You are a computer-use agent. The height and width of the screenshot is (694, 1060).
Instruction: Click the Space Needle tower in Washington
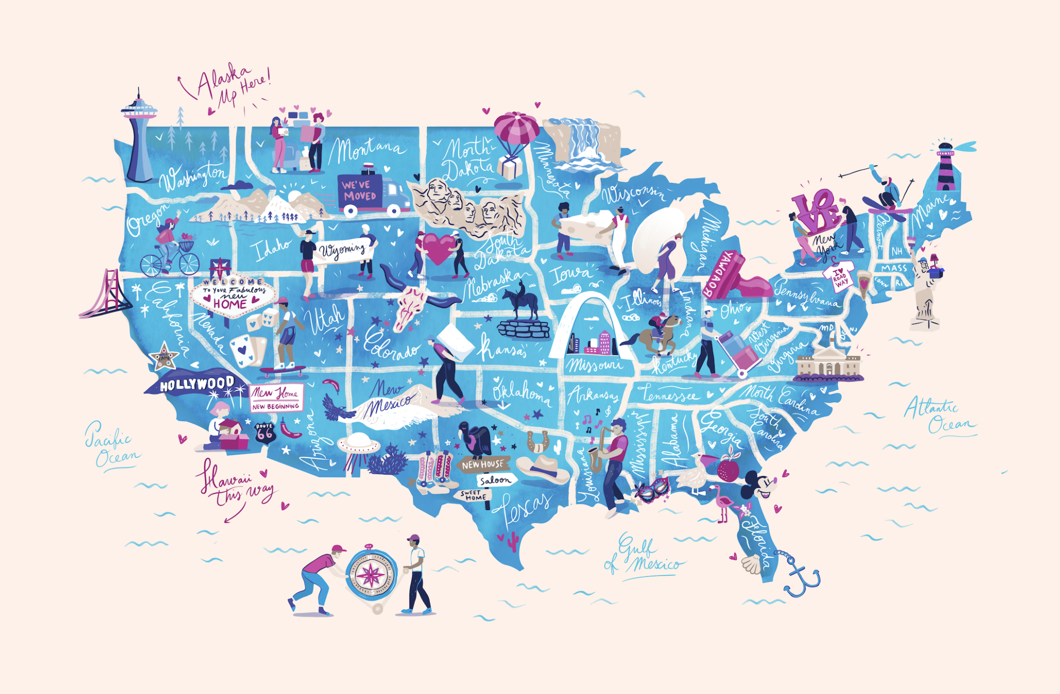point(139,138)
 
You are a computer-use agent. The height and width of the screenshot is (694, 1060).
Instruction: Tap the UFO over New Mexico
point(358,443)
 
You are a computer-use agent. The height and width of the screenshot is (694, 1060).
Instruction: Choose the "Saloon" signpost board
point(495,480)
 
